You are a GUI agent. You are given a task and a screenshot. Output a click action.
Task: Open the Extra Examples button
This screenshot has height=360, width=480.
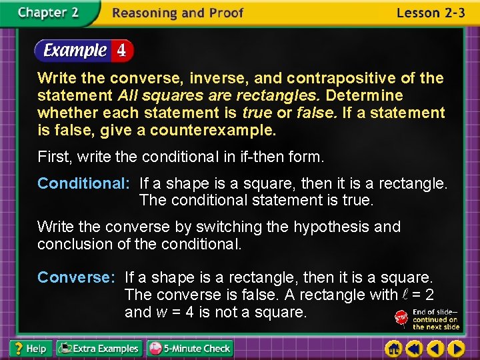[99, 348]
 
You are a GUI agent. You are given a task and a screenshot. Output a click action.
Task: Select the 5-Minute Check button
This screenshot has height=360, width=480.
[190, 348]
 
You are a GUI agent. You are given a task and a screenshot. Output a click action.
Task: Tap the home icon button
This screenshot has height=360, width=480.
[394, 349]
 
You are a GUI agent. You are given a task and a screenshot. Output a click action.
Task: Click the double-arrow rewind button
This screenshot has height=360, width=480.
[415, 349]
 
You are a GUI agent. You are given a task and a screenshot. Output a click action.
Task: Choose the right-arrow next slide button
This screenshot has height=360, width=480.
[456, 349]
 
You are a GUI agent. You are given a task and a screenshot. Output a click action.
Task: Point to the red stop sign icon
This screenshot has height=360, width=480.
[402, 318]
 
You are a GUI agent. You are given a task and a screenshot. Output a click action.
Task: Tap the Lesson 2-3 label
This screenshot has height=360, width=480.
[430, 13]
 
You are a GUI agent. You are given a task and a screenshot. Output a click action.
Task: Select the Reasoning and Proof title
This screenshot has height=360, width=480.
[178, 13]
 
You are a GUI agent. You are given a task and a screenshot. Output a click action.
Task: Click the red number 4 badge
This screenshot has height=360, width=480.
[122, 50]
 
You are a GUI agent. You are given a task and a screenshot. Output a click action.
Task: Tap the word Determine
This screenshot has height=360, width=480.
[364, 96]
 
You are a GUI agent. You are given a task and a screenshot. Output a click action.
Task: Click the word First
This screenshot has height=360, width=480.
[54, 157]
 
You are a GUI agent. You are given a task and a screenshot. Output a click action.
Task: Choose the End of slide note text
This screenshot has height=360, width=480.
[435, 319]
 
